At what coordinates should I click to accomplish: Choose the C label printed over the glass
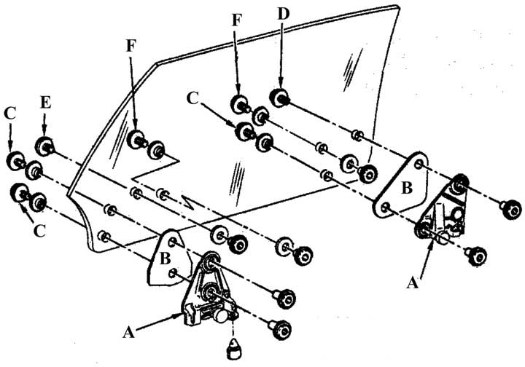(192, 96)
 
